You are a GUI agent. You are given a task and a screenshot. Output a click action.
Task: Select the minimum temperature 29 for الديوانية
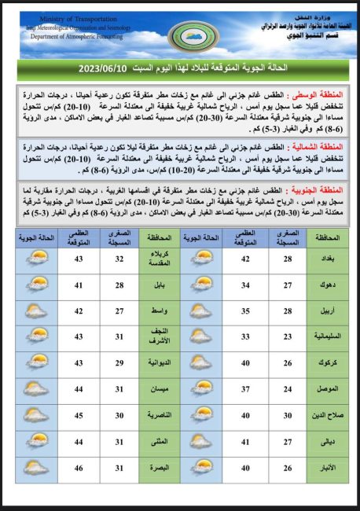coord(121,362)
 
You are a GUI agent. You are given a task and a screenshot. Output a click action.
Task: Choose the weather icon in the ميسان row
coord(36,388)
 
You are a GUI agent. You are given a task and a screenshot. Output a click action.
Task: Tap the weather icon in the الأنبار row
coord(202,469)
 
